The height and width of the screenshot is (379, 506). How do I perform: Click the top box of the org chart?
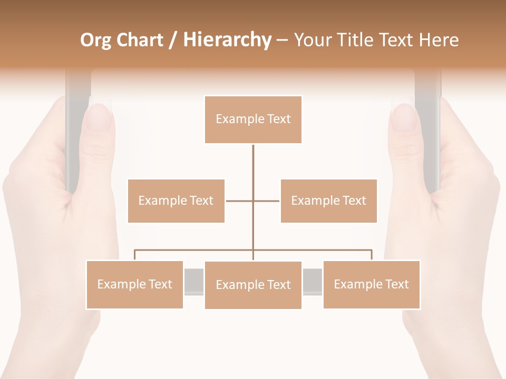pyautogui.click(x=253, y=119)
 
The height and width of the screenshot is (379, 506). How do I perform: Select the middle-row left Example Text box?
pyautogui.click(x=176, y=201)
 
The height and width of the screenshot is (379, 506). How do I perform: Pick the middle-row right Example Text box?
pyautogui.click(x=328, y=201)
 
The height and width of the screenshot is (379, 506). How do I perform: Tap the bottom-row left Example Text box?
pyautogui.click(x=134, y=284)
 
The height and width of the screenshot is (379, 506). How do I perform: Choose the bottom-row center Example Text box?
pyautogui.click(x=253, y=285)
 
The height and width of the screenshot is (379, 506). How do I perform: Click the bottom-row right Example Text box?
pyautogui.click(x=371, y=284)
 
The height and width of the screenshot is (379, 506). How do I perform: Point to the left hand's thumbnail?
pyautogui.click(x=99, y=117)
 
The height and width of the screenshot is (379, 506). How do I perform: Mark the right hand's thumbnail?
pyautogui.click(x=404, y=117)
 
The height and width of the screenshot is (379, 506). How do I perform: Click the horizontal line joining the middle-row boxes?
pyautogui.click(x=266, y=201)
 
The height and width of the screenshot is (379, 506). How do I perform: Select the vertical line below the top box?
pyautogui.click(x=253, y=163)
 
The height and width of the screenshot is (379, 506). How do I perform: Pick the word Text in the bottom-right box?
pyautogui.click(x=396, y=284)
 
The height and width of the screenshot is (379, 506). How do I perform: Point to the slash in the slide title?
pyautogui.click(x=173, y=40)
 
